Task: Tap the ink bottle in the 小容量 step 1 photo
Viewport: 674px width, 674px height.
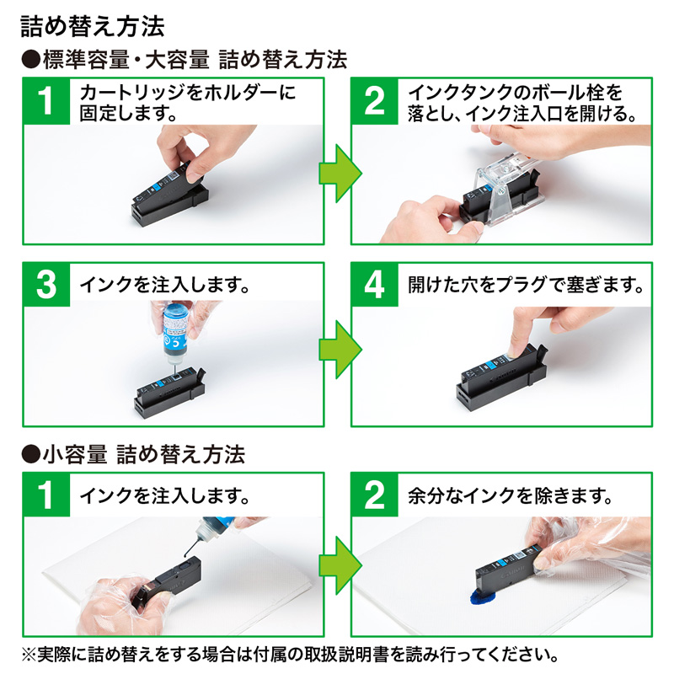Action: pyautogui.click(x=211, y=531)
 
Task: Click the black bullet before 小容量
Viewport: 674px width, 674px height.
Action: pyautogui.click(x=30, y=456)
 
